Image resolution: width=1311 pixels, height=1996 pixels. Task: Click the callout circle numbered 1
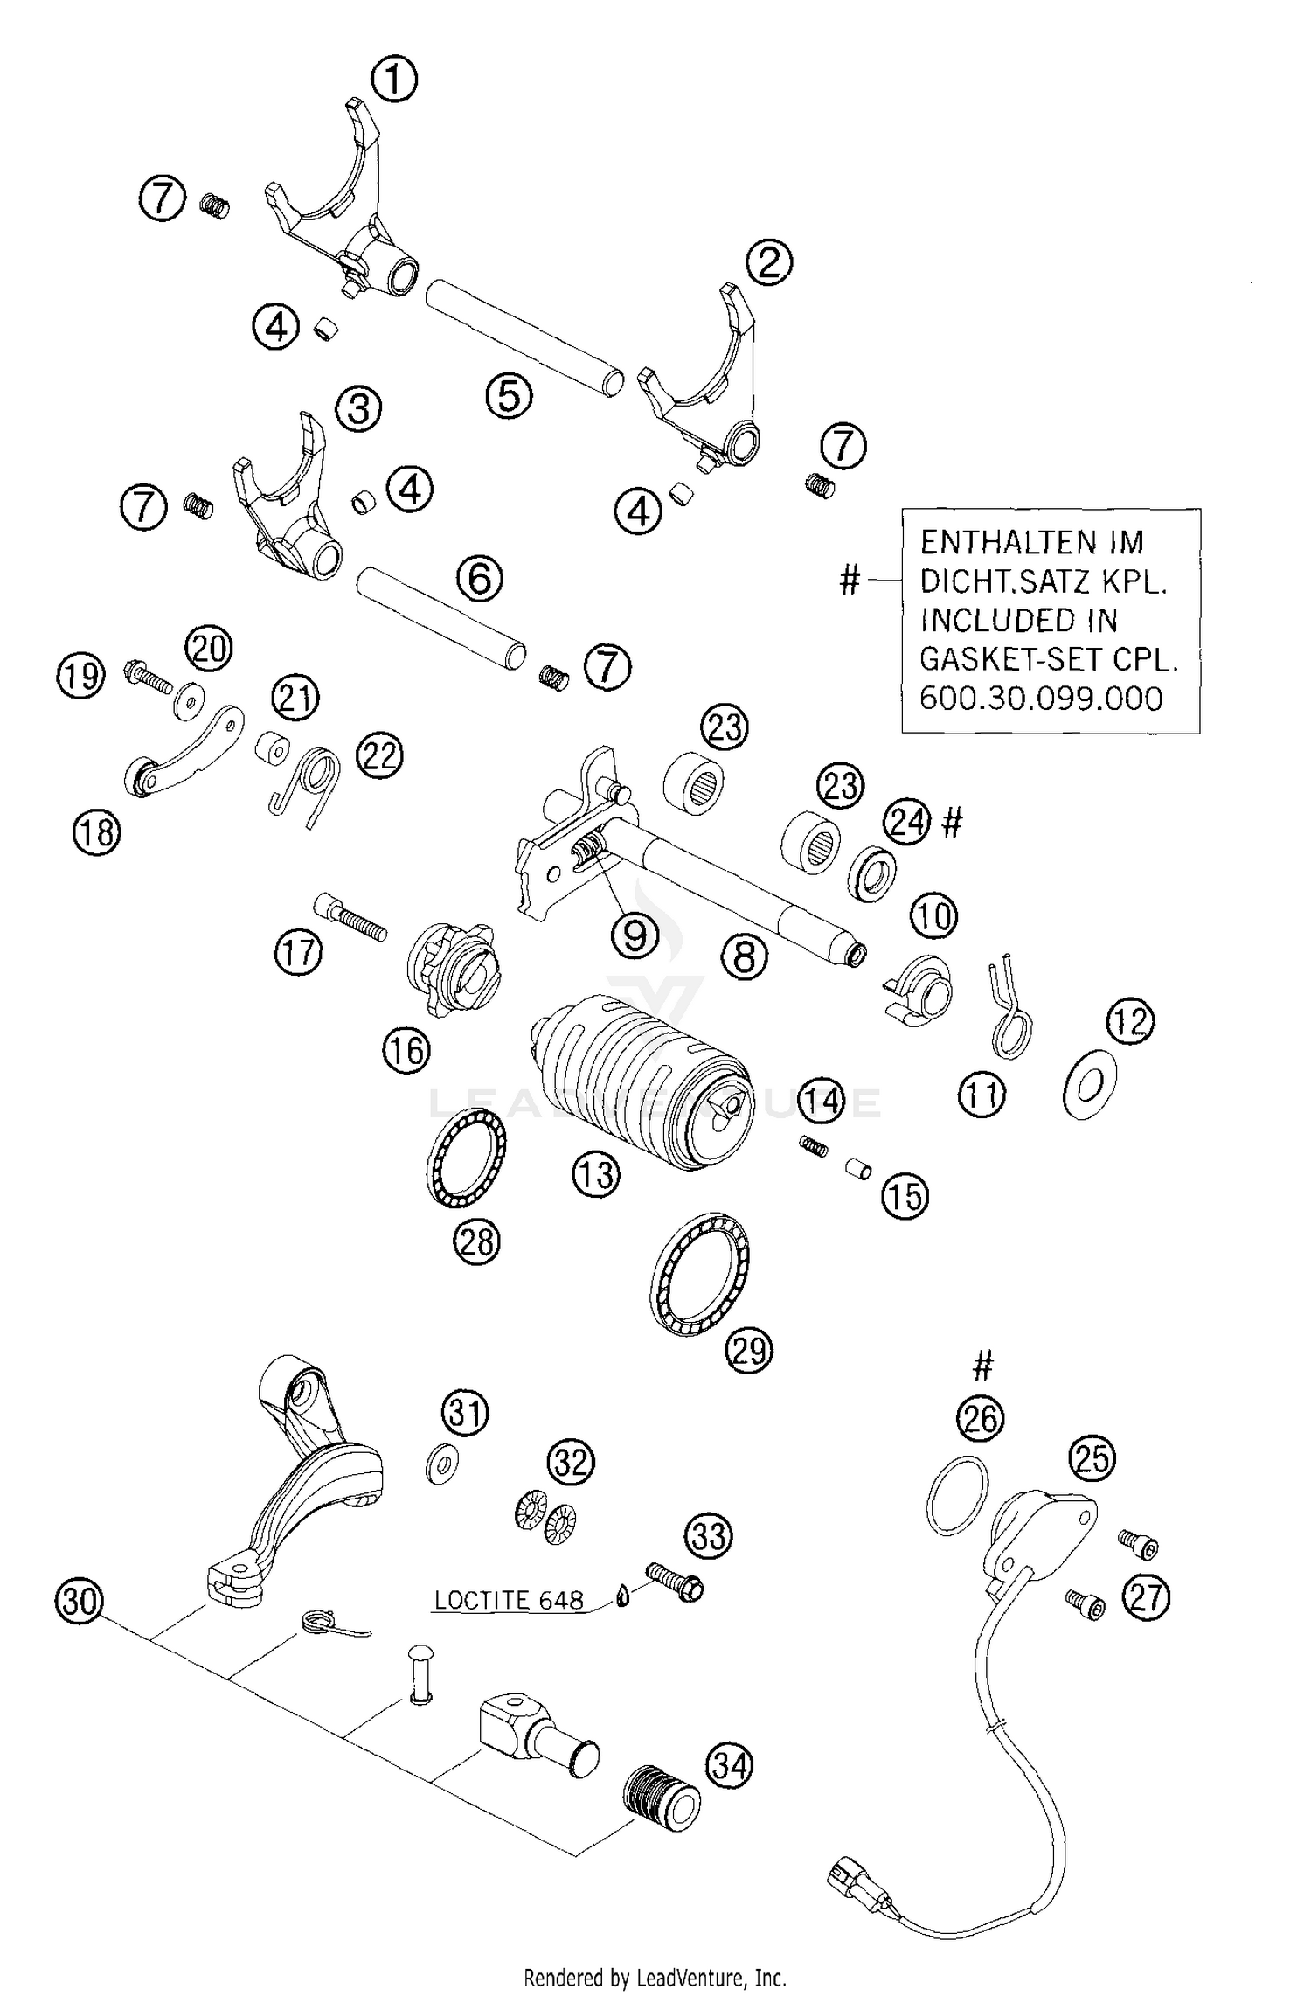(x=394, y=80)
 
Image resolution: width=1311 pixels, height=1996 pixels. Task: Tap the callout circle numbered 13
(x=596, y=1174)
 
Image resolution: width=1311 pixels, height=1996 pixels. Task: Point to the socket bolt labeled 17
(x=349, y=915)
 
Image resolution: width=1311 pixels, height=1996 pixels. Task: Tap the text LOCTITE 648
(x=509, y=1601)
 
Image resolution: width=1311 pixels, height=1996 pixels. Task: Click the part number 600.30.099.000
(x=1041, y=698)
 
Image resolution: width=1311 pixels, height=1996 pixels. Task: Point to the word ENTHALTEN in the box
(x=988, y=542)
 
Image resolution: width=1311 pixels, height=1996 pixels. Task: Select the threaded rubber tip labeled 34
(x=662, y=1797)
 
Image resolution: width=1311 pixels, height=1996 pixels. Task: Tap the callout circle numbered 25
(x=1092, y=1458)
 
